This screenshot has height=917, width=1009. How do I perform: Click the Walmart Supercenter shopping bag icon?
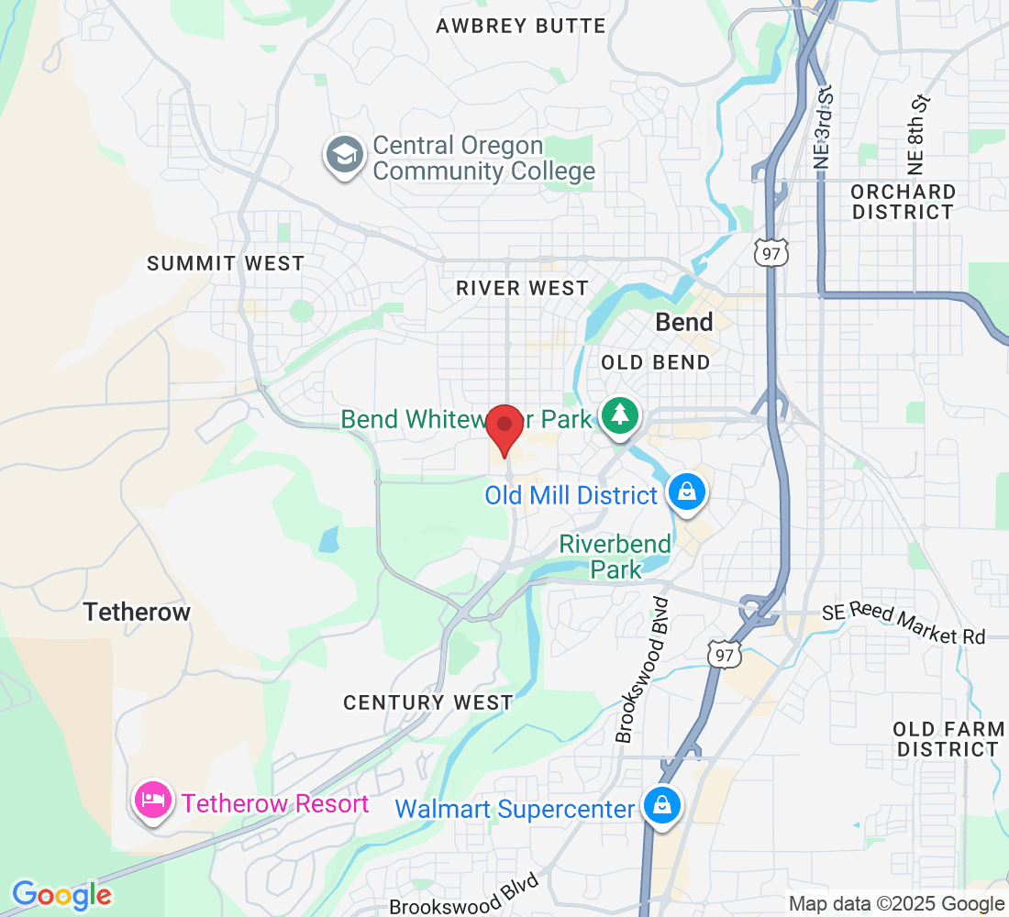(660, 807)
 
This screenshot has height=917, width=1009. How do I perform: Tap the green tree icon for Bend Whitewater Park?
(621, 417)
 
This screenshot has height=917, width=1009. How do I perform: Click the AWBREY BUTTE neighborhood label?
(520, 26)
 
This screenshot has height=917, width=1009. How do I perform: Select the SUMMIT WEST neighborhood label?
(226, 263)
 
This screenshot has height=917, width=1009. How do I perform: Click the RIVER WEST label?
(522, 288)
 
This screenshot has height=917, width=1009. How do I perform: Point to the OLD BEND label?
(655, 362)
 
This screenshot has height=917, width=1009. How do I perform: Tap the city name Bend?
(684, 322)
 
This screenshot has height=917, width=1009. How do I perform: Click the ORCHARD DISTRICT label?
(903, 202)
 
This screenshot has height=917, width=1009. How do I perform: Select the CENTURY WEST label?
(427, 702)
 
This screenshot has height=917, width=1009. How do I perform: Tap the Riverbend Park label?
(615, 556)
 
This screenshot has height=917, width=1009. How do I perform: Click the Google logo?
(61, 894)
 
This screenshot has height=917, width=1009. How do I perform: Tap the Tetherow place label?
(137, 612)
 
